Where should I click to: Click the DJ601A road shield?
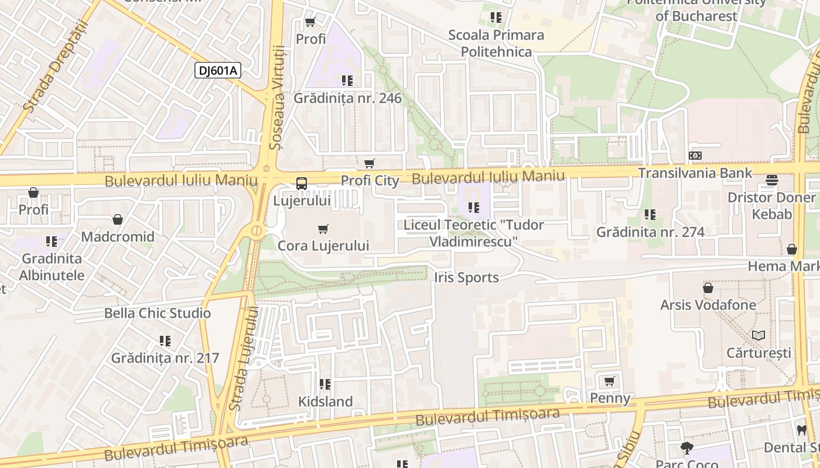(218, 71)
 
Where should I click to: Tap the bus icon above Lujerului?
(301, 184)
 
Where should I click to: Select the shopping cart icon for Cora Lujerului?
(323, 229)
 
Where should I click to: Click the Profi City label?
(370, 180)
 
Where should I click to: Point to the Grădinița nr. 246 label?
(347, 98)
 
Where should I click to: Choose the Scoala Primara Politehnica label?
(496, 43)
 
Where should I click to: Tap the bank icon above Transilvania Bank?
(695, 156)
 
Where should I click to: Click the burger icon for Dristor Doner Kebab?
(771, 180)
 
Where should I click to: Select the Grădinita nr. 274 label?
(650, 232)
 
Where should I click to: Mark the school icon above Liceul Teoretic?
(473, 207)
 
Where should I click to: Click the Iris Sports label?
(466, 277)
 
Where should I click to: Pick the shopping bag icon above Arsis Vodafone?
(708, 288)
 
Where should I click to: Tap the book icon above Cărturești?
(758, 336)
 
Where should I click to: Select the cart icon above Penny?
(609, 381)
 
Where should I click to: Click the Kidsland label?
(326, 401)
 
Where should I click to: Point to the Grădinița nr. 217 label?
(165, 357)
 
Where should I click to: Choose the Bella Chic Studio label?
(157, 313)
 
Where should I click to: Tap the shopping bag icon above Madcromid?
(118, 220)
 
